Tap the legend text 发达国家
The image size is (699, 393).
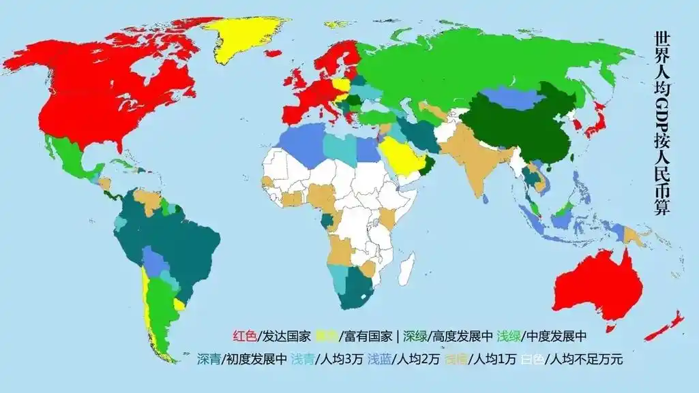[286, 336]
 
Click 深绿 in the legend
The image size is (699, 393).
[415, 336]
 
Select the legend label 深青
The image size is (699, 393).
[209, 359]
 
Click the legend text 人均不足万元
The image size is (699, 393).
[587, 359]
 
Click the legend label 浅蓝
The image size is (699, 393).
[379, 359]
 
